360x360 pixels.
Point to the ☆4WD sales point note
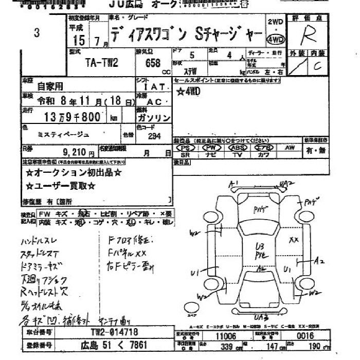click(x=188, y=92)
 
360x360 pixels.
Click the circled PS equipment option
click(x=185, y=148)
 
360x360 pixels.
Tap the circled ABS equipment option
click(x=238, y=148)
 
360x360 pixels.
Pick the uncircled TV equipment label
click(x=238, y=154)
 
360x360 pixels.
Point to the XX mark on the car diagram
click(x=294, y=240)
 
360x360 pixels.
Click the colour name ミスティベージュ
click(x=63, y=134)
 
